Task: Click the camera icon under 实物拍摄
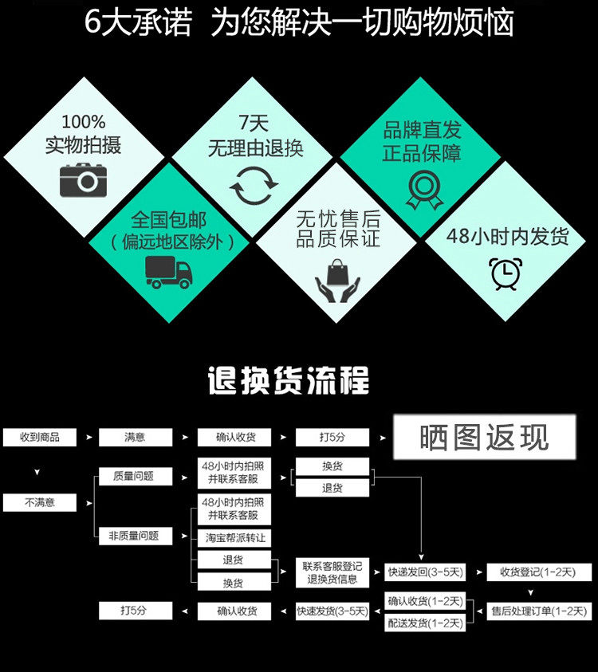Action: pos(83,181)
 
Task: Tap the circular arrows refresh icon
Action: pos(254,188)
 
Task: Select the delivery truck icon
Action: pos(168,272)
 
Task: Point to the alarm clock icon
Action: pos(506,273)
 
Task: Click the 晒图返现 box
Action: pos(485,437)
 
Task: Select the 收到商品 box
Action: pos(40,437)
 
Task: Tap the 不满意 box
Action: pos(40,503)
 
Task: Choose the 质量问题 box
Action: pos(136,477)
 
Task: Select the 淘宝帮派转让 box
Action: pos(234,538)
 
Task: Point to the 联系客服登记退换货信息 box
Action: pos(332,572)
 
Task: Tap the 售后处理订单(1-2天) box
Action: pos(539,611)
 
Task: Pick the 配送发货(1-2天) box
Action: pos(425,623)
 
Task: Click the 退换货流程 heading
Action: pos(289,381)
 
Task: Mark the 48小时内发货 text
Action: pos(507,237)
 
